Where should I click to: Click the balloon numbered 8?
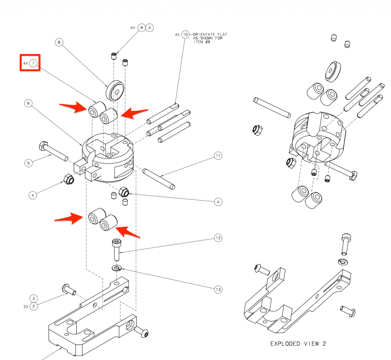(59, 42)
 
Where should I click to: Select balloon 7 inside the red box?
(33, 63)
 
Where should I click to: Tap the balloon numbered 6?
(28, 103)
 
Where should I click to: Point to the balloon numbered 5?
(28, 163)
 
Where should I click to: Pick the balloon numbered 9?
(142, 27)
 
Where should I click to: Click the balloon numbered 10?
(185, 35)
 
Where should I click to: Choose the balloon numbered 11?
(218, 156)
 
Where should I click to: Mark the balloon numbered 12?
(218, 238)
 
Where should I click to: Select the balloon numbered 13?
(218, 289)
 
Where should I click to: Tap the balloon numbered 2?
(34, 306)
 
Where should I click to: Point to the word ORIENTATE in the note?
(204, 34)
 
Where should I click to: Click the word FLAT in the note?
(223, 34)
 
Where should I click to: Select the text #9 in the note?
(208, 42)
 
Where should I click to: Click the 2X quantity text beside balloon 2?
(26, 307)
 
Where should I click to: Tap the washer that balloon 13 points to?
(116, 268)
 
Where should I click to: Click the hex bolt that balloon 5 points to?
(53, 151)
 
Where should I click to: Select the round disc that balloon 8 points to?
(115, 90)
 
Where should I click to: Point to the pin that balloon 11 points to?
(158, 179)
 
